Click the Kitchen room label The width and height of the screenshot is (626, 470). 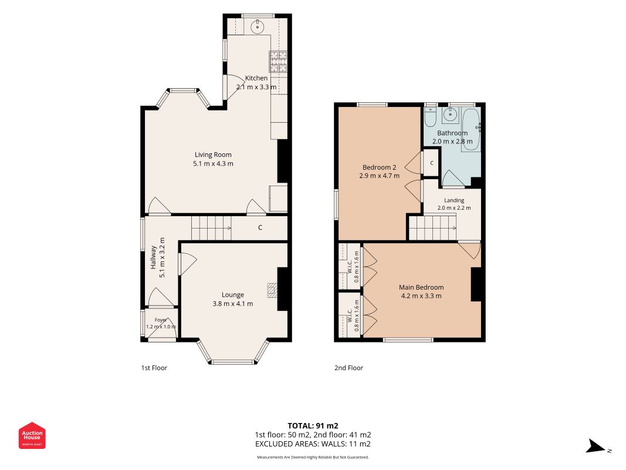(x=256, y=78)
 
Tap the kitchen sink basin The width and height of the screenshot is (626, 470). (x=258, y=27)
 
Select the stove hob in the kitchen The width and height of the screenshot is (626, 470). (x=278, y=62)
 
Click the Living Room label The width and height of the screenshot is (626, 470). (x=213, y=155)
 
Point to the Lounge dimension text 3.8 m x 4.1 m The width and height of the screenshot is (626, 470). (x=233, y=304)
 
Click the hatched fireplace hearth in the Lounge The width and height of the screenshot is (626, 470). (x=272, y=291)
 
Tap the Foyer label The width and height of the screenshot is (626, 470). (x=161, y=320)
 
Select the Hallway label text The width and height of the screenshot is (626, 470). (x=153, y=257)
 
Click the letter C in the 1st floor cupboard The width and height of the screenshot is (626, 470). (x=260, y=227)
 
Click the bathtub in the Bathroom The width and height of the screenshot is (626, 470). (x=472, y=129)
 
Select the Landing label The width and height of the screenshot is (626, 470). (x=454, y=200)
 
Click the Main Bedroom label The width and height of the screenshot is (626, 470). (x=421, y=287)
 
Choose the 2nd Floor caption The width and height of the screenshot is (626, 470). (x=348, y=368)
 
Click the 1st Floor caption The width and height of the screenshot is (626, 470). (x=154, y=368)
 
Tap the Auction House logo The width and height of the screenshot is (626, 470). (x=32, y=435)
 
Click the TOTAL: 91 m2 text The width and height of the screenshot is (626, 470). (x=313, y=425)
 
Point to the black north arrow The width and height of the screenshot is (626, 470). (x=595, y=446)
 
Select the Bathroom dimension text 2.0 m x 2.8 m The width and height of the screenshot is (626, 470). (x=452, y=142)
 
